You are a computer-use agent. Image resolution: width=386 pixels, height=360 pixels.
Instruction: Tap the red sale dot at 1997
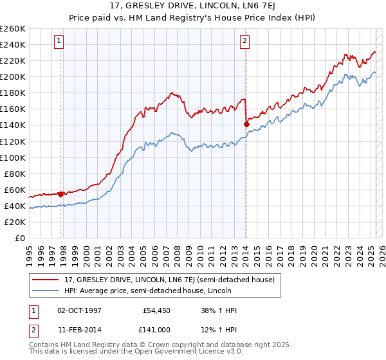coord(61,194)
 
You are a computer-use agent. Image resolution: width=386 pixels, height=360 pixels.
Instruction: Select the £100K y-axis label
coord(14,157)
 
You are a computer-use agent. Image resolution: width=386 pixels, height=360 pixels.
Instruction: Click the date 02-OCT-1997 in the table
coord(80,310)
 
